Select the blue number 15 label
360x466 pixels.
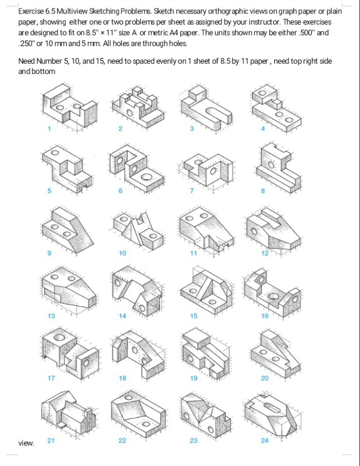pos(194,316)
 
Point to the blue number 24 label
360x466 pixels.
pos(265,440)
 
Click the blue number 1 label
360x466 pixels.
pos(49,129)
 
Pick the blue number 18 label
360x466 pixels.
pos(123,378)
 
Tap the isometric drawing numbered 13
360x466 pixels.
pos(68,291)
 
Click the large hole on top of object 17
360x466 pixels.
pos(60,338)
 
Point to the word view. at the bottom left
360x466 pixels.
pos(26,443)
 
